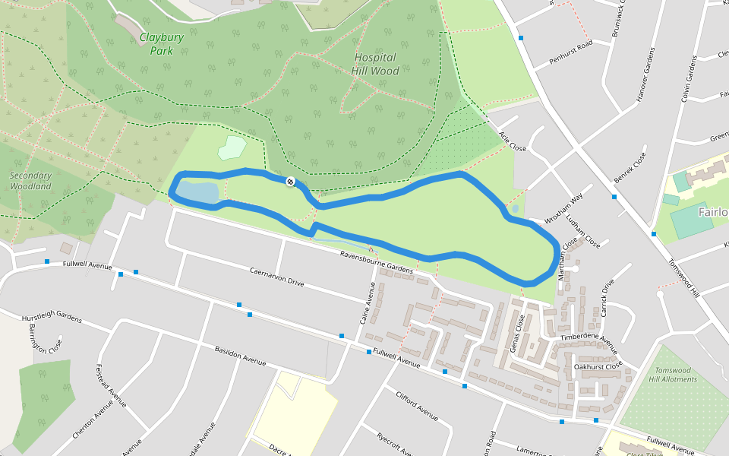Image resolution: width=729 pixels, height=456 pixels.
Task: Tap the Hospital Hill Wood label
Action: tap(375, 64)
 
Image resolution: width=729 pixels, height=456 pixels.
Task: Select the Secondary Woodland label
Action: tap(30, 181)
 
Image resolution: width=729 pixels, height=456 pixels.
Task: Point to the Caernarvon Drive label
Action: tap(276, 277)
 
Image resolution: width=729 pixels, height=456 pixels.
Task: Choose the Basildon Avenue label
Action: tap(240, 356)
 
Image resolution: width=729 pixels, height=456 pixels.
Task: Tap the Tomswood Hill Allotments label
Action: tap(674, 375)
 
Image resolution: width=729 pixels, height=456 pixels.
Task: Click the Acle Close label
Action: tap(513, 140)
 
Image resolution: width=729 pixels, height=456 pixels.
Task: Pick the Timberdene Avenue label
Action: tap(589, 340)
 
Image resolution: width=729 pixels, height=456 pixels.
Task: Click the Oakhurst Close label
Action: tap(598, 366)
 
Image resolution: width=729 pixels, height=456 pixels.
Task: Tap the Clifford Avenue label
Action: tap(417, 405)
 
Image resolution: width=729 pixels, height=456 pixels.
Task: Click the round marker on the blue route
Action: tap(290, 181)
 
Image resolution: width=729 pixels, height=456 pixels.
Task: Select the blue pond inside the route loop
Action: tap(197, 192)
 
